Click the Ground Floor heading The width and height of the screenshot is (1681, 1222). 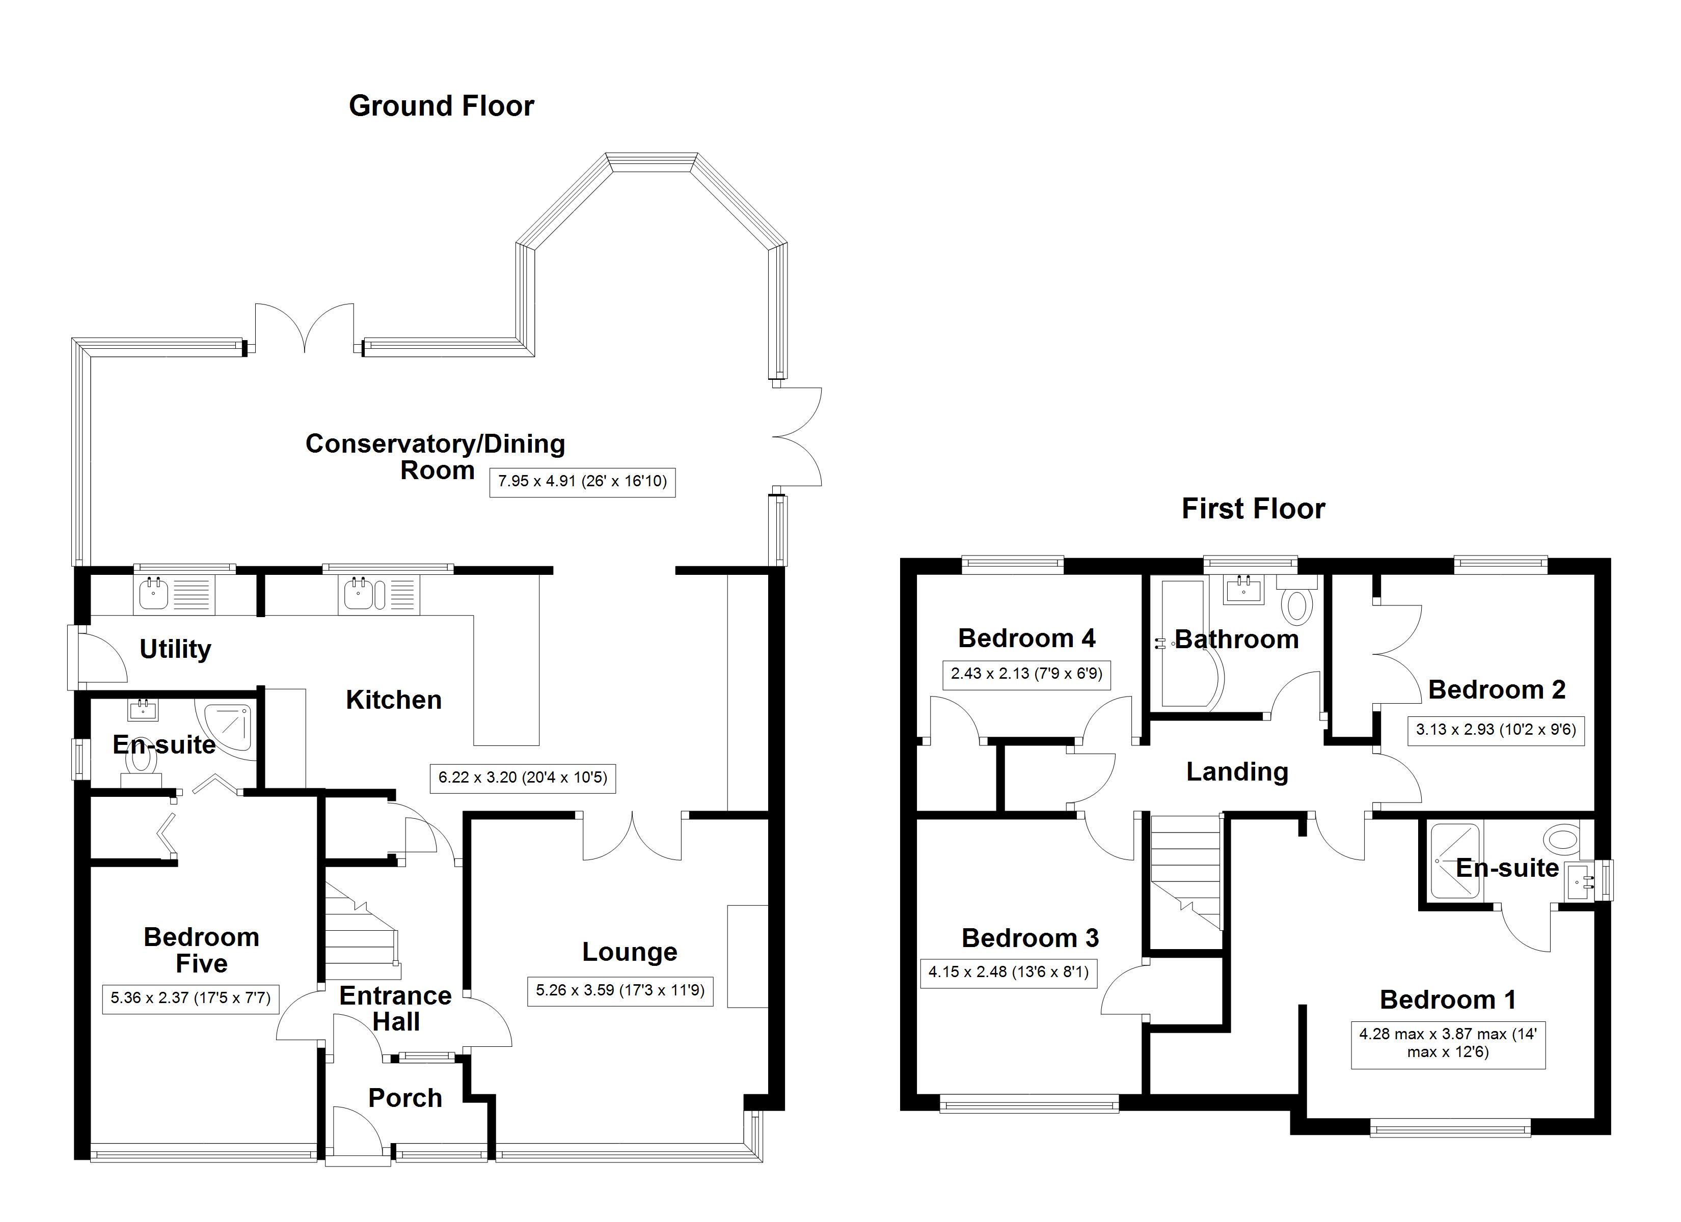coord(441,106)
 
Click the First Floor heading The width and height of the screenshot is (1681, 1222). coord(1253,509)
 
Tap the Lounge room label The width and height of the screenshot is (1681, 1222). coord(629,952)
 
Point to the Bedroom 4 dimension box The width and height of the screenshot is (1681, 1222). coord(1026,674)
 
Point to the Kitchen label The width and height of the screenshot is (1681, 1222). coord(394,700)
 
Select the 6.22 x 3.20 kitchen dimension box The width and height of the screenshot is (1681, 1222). coord(523,778)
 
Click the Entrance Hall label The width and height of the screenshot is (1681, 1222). coord(395,1009)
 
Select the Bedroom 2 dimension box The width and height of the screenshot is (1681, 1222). coord(1495,730)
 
